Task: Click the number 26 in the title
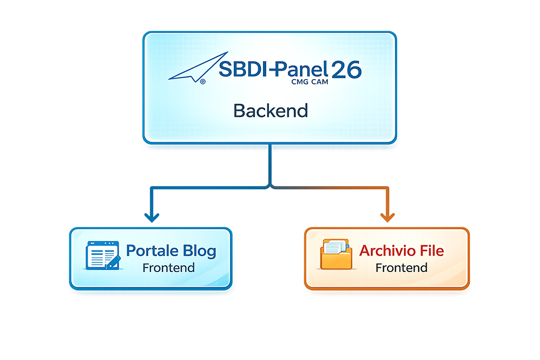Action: pos(346,70)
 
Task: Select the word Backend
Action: pos(271,111)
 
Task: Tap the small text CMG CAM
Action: pos(309,82)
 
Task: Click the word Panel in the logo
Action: pos(303,70)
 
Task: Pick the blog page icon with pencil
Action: pos(102,255)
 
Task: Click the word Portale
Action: pos(153,250)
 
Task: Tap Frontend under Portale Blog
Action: pos(168,268)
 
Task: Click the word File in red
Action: pos(429,250)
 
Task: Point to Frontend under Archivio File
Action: pos(401,268)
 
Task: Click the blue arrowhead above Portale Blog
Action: pos(152,217)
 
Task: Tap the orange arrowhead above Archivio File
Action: pos(389,217)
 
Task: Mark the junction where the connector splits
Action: pos(271,186)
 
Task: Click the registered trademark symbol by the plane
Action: pos(203,81)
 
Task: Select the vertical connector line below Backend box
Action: pos(271,163)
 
